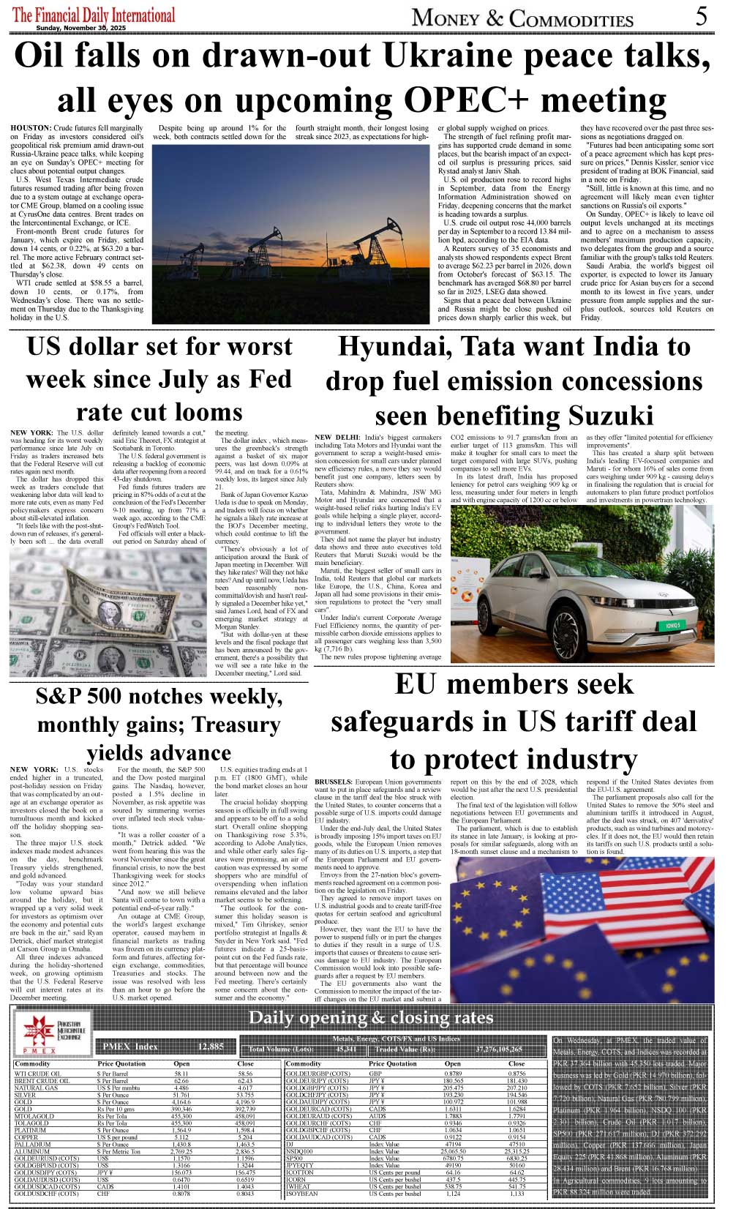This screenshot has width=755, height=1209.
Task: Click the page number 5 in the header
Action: tap(701, 16)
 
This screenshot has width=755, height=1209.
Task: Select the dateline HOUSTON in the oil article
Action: tap(31, 128)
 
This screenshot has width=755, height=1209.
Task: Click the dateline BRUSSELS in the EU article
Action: tap(334, 782)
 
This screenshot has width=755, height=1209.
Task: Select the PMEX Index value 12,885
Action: tap(211, 1047)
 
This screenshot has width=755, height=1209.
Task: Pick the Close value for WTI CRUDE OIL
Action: tap(245, 1074)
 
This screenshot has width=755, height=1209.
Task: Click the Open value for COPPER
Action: tap(181, 1137)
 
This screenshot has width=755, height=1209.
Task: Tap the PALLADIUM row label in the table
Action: tap(33, 1145)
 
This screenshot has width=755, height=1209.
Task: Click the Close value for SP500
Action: tap(517, 1159)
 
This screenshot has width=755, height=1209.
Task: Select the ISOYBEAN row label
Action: tap(302, 1194)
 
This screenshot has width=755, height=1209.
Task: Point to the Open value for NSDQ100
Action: tap(453, 1151)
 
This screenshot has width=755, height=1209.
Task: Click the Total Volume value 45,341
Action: tap(347, 1049)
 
